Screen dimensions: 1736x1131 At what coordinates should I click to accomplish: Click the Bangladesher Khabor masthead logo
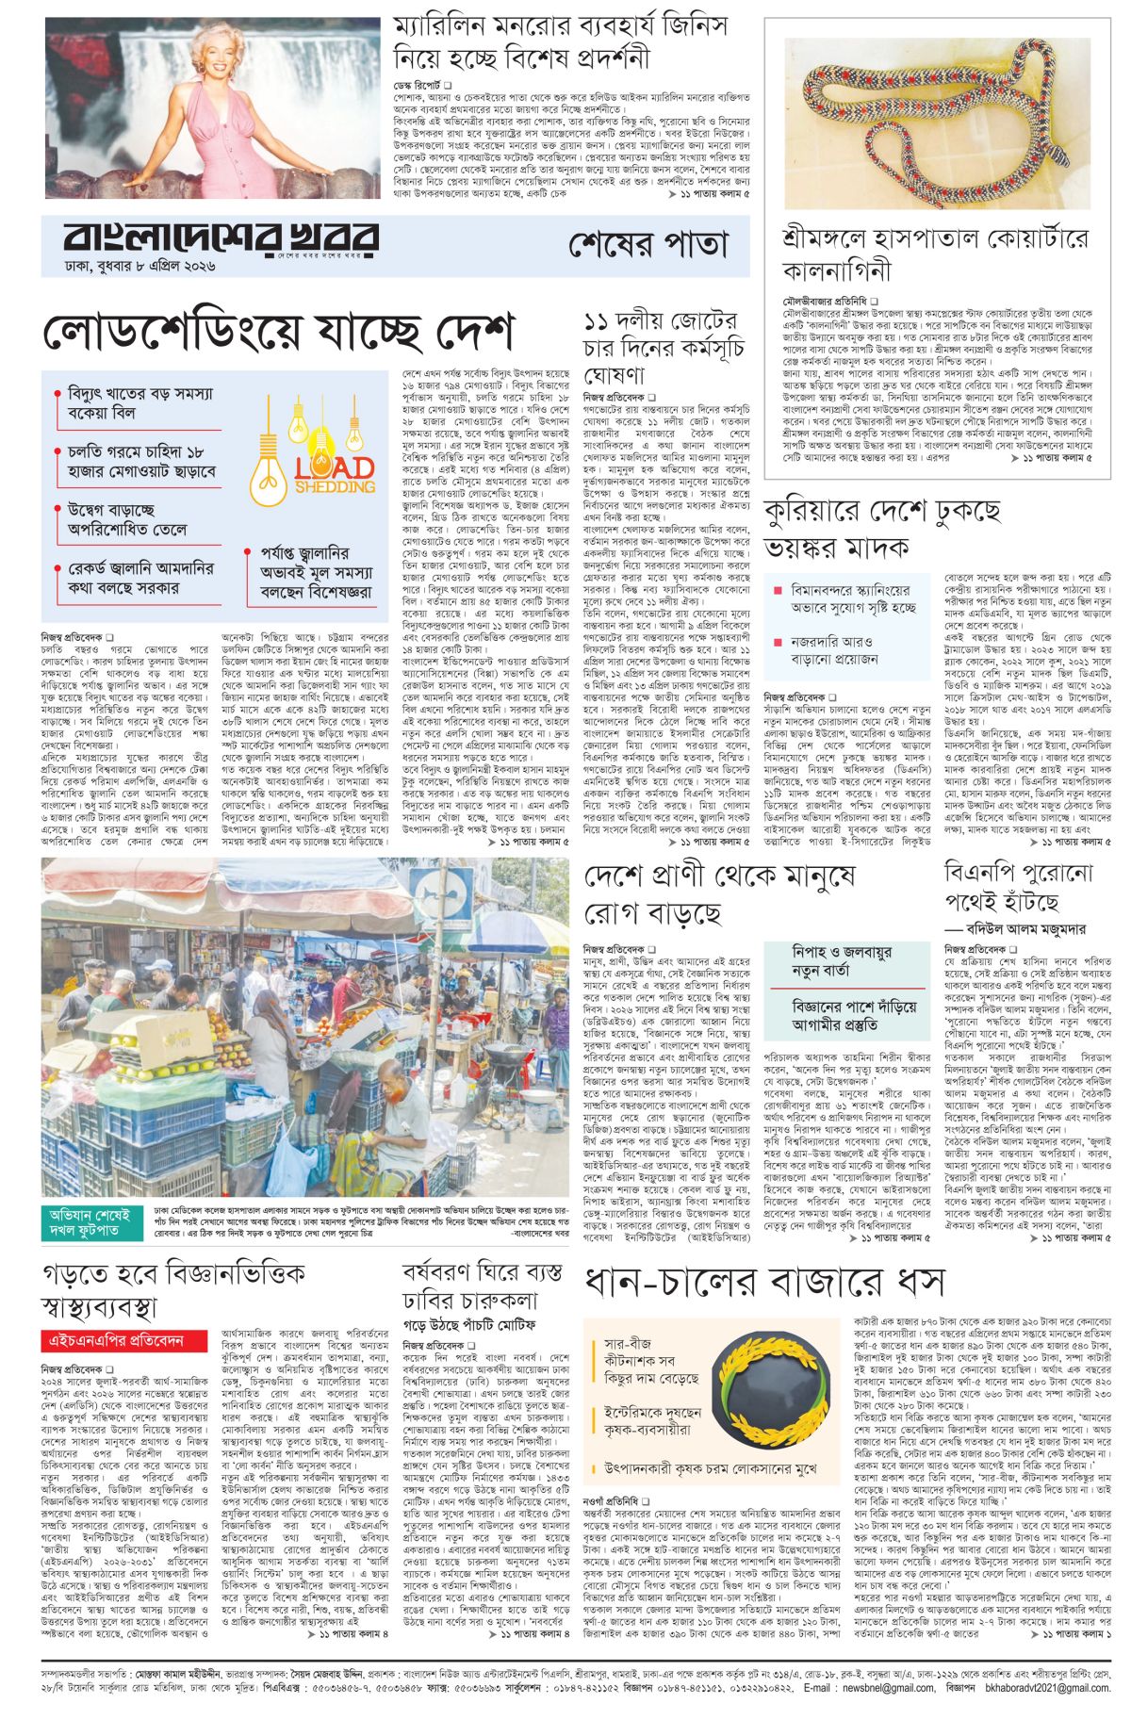point(221,239)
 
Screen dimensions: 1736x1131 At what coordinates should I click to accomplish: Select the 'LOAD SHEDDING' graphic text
point(335,476)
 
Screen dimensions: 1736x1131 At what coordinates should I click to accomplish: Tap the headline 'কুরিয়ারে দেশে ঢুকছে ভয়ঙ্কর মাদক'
point(881,530)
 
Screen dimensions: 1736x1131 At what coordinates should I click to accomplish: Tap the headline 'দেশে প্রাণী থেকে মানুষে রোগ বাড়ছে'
point(719,894)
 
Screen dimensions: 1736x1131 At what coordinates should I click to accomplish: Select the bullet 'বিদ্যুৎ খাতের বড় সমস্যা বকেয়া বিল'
point(139,403)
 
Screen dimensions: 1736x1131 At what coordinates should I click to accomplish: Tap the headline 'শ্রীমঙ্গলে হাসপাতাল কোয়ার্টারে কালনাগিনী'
point(933,255)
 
